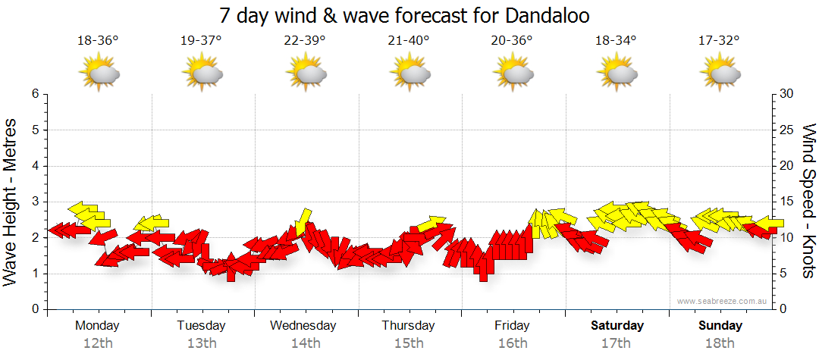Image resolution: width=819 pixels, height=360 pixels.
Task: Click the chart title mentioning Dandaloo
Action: coord(404,15)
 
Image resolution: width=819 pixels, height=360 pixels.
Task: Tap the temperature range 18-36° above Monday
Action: coord(98,41)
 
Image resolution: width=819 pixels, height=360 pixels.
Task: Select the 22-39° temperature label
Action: coord(305,41)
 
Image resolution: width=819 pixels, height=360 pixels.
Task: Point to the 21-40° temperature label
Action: coord(408,41)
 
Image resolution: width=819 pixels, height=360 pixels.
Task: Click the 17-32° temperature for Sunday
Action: coord(718,41)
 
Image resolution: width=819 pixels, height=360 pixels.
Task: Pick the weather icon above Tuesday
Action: coord(202,74)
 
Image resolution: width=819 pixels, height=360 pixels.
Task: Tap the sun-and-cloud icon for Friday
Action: coord(512,74)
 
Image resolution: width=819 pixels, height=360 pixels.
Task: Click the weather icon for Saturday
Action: coord(615,74)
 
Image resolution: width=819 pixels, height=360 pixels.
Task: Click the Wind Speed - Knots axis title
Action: coord(808,202)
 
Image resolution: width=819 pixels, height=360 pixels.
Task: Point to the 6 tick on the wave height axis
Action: coord(35,94)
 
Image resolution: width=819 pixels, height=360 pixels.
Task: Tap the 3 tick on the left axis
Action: coord(35,202)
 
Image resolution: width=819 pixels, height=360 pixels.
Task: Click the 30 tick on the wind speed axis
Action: coord(786,94)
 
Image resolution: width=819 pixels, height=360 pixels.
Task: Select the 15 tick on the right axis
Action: coord(786,202)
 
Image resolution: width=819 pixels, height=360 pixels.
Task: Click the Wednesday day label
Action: coord(303,326)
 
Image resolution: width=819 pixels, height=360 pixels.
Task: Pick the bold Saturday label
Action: coord(617,326)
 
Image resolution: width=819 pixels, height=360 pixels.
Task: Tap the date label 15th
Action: coord(409,343)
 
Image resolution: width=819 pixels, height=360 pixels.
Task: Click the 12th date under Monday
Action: coord(98,343)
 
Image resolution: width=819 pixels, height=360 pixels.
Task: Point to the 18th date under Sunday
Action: coord(720,343)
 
